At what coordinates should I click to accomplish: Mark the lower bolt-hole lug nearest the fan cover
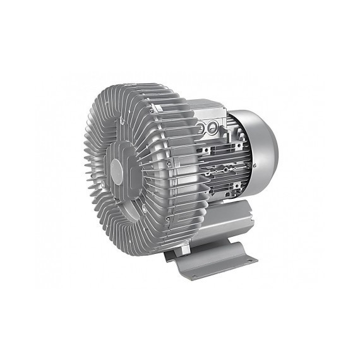[x=237, y=185]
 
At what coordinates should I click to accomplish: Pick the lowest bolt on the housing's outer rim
[x=167, y=218]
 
